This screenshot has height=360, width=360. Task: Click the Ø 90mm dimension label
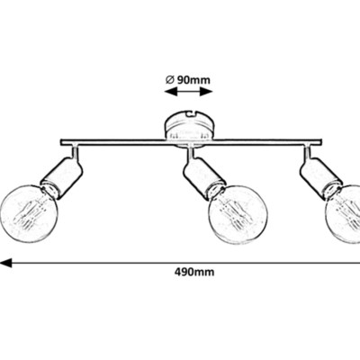[x=188, y=80]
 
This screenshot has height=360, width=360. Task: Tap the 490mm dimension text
[x=194, y=272]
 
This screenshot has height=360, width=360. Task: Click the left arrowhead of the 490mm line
[x=5, y=263]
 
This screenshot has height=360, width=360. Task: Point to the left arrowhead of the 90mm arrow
[x=170, y=91]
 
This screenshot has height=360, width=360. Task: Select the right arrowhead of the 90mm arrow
[x=206, y=91]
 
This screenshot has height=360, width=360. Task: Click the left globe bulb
[x=29, y=213]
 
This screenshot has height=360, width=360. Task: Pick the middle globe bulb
[x=238, y=215]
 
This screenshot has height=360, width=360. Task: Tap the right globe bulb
[x=344, y=215]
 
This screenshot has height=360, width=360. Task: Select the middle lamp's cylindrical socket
[x=204, y=179]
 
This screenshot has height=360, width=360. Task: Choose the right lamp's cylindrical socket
[x=321, y=179]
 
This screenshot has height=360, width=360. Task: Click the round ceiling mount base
[x=189, y=129]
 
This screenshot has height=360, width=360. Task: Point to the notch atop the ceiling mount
[x=190, y=113]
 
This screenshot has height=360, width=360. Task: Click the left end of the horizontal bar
[x=61, y=142]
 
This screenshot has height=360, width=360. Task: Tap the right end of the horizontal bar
[x=321, y=142]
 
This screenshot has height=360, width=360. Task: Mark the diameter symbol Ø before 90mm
[x=169, y=80]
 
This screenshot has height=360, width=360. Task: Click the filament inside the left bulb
[x=28, y=215]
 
